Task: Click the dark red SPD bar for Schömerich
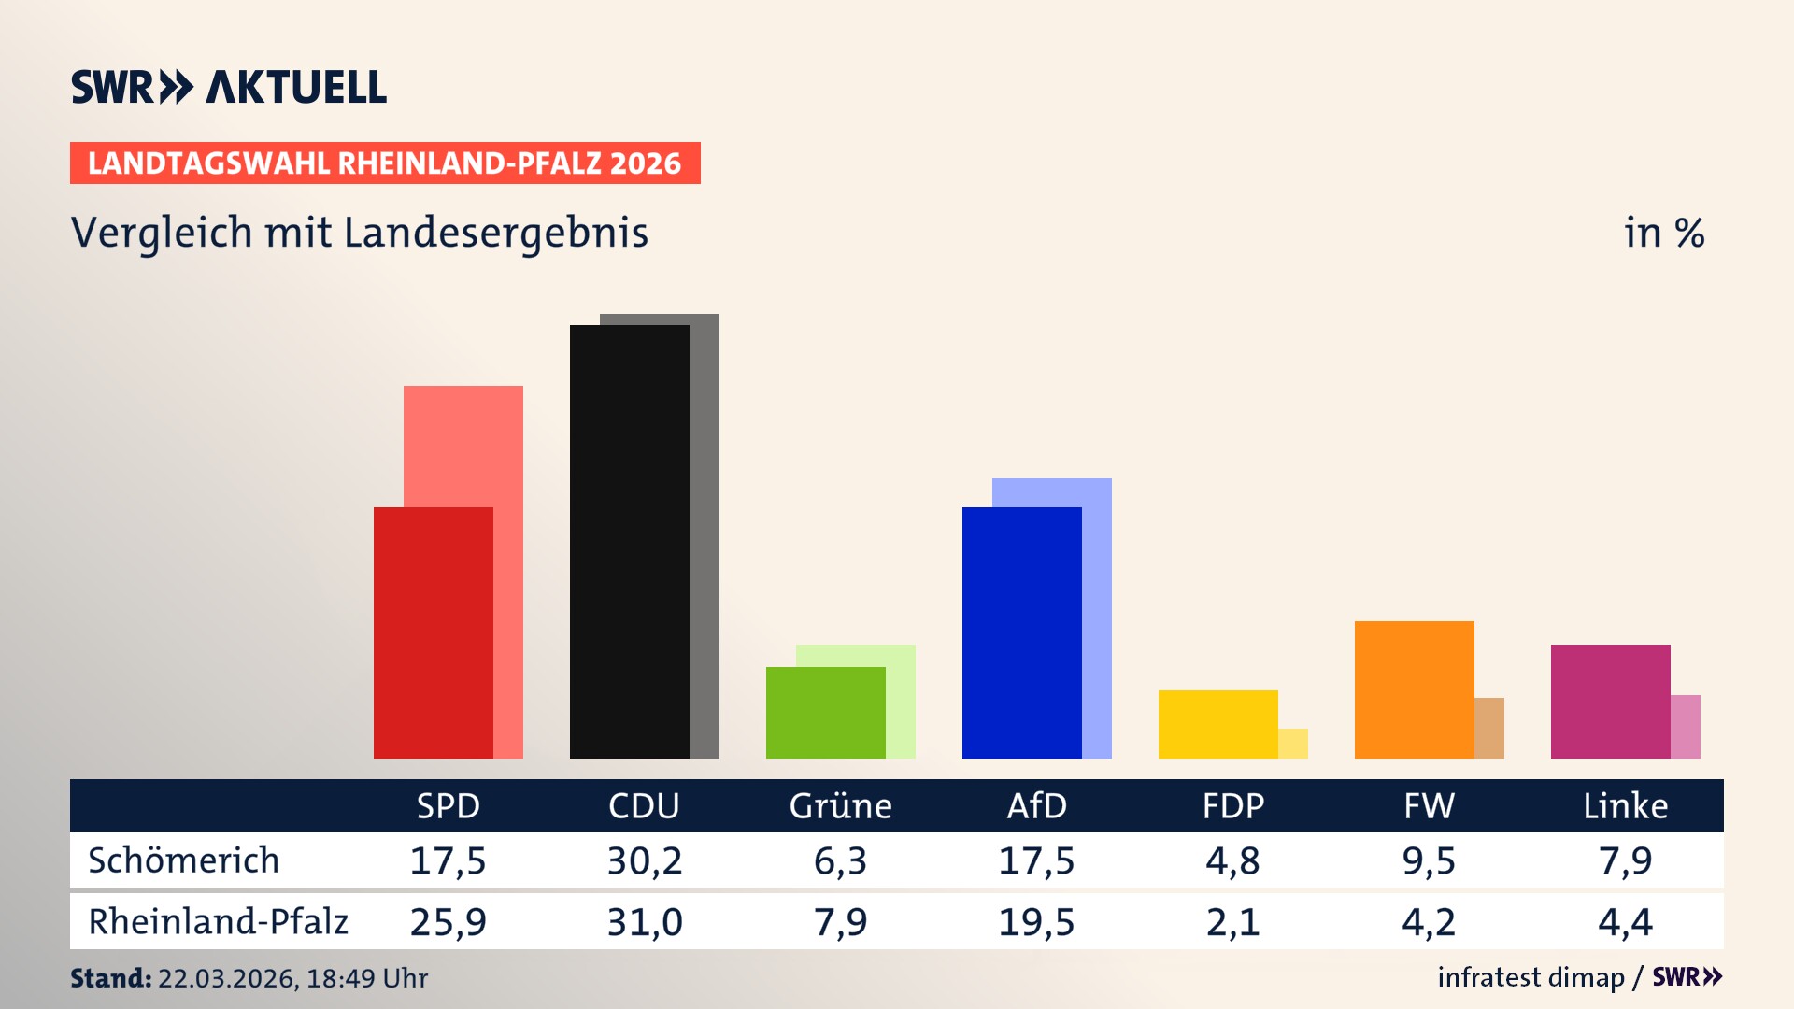(x=433, y=632)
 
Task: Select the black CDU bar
(x=629, y=542)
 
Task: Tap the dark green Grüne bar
(x=825, y=713)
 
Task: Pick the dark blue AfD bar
(x=1021, y=632)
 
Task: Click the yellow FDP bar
(x=1217, y=724)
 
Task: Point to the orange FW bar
(x=1414, y=689)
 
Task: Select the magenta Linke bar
(x=1610, y=701)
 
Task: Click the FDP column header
(x=1232, y=805)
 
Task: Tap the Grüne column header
(x=840, y=805)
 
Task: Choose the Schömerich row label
(x=183, y=860)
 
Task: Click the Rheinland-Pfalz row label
(x=218, y=922)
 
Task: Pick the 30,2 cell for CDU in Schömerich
(x=644, y=860)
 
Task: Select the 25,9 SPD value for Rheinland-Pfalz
(x=448, y=922)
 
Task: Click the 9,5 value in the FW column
(x=1429, y=860)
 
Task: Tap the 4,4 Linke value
(x=1625, y=922)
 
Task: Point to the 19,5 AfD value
(x=1036, y=922)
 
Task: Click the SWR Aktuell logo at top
(x=228, y=87)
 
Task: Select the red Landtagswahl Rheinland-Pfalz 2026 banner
(x=384, y=163)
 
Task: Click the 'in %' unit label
(x=1663, y=233)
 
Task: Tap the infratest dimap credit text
(x=1531, y=977)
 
